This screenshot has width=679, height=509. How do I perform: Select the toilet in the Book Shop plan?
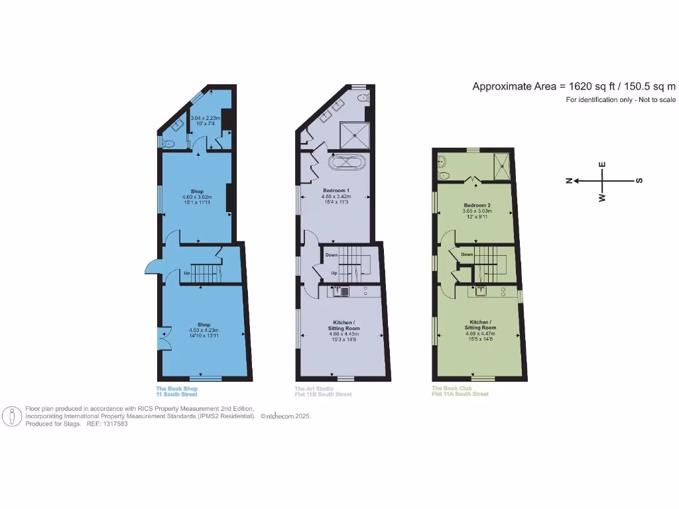[x=168, y=142]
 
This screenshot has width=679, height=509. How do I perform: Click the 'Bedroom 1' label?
[x=336, y=190]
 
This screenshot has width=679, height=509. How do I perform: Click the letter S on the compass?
[x=639, y=181]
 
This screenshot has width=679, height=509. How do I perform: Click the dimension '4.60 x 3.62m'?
[x=196, y=197]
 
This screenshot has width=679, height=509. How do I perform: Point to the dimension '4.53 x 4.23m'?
[x=204, y=330]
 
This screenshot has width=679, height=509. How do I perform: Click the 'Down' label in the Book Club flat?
[x=467, y=254]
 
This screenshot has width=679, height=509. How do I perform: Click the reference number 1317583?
[x=116, y=424]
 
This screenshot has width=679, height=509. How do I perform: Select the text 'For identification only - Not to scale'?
[x=620, y=100]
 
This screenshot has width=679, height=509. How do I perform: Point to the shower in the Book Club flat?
[x=503, y=166]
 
